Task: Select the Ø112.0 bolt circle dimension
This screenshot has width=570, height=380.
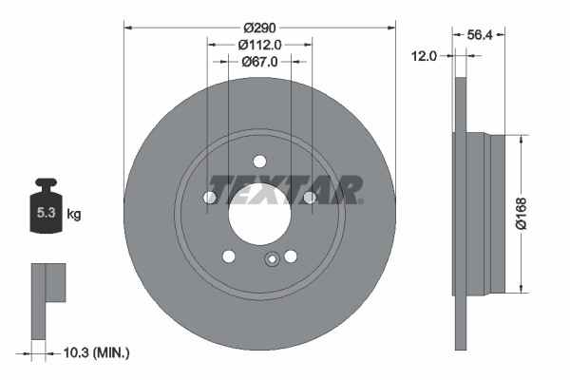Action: click(259, 44)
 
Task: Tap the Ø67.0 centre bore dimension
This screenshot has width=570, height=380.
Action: click(259, 62)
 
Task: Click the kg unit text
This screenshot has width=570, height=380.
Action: click(73, 214)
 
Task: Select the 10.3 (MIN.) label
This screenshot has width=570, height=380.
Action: click(94, 352)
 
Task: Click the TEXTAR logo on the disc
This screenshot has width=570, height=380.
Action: click(284, 189)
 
